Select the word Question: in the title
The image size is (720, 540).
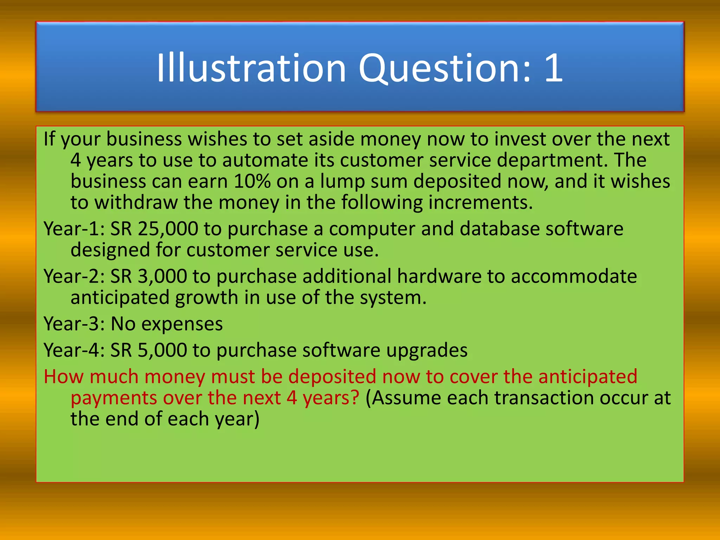(445, 69)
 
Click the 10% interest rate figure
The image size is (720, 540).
(252, 182)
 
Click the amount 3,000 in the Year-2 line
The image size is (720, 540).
(162, 277)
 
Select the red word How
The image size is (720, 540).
(64, 377)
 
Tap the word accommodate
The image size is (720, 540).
(573, 277)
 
